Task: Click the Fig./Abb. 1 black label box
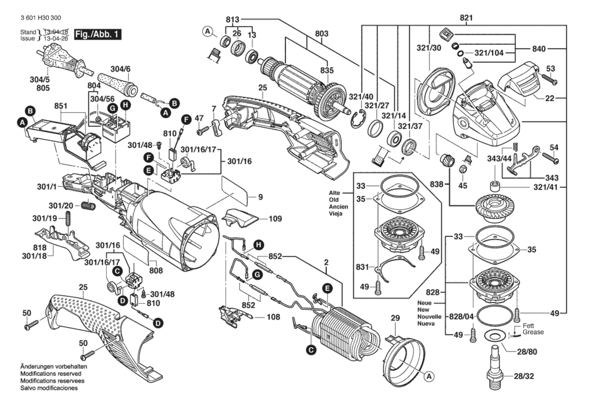(97, 34)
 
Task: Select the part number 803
(321, 34)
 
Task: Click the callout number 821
(466, 18)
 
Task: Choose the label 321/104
(489, 53)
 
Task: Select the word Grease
(533, 332)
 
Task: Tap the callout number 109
(275, 219)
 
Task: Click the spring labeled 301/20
(88, 206)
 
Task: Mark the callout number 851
(61, 106)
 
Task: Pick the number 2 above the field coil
(326, 262)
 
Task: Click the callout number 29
(395, 318)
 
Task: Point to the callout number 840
(539, 49)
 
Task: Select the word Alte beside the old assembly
(334, 193)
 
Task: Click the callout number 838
(436, 184)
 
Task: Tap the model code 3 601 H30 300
(41, 18)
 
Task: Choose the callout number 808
(156, 270)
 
